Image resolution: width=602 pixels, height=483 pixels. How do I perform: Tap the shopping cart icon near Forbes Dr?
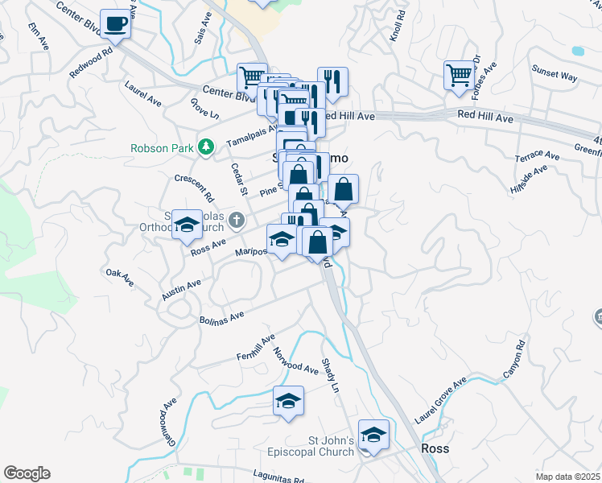point(459,75)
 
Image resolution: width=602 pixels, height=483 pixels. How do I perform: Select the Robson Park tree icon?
point(206,147)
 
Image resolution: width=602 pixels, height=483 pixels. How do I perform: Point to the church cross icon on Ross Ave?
point(236,219)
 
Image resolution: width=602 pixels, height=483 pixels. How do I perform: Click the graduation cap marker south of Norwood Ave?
point(288,400)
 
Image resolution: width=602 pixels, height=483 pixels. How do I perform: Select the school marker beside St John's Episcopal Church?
point(373,436)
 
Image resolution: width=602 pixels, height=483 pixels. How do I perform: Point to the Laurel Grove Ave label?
point(440,402)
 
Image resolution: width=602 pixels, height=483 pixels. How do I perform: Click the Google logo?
point(27,473)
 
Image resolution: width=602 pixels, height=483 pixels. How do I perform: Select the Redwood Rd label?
point(91,63)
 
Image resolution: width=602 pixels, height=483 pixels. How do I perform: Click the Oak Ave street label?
point(119,276)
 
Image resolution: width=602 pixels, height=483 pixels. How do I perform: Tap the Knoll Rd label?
point(395,27)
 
